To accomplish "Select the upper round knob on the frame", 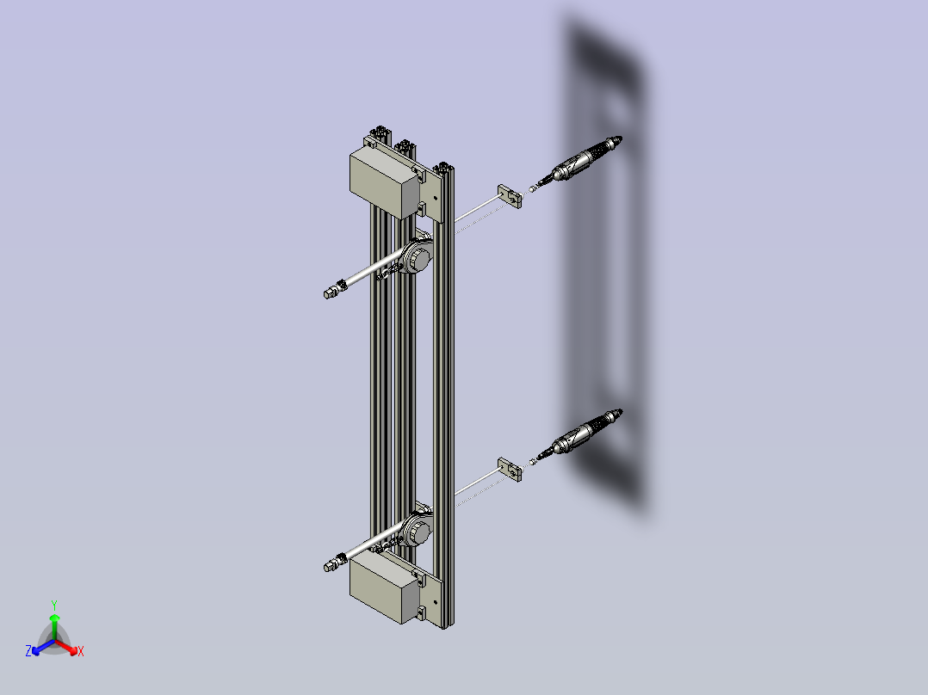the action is click(419, 259).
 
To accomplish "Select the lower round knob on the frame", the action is click(419, 532).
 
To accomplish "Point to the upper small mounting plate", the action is click(510, 196).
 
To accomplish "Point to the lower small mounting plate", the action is click(510, 469).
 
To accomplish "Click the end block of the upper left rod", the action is click(331, 292).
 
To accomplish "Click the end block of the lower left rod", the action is click(331, 565).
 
